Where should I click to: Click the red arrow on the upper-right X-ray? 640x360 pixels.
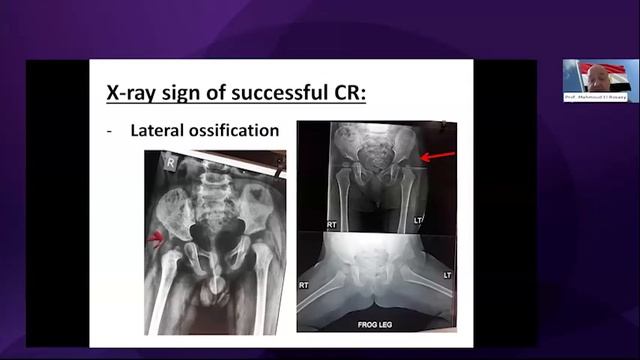pos(437,156)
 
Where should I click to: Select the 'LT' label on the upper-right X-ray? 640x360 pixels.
pos(418,219)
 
